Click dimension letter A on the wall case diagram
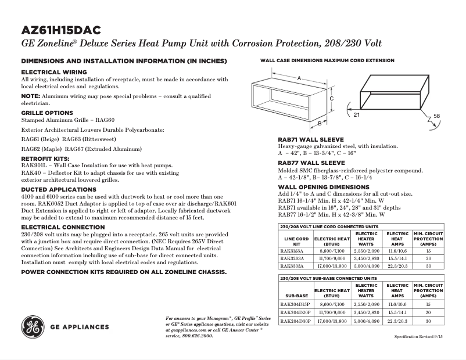299,78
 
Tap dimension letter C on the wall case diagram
331,99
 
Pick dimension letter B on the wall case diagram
320,123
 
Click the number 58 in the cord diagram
436,116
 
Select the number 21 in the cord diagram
356,116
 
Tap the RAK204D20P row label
295,313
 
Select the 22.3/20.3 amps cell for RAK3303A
398,265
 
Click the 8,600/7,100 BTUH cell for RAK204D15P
332,304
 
